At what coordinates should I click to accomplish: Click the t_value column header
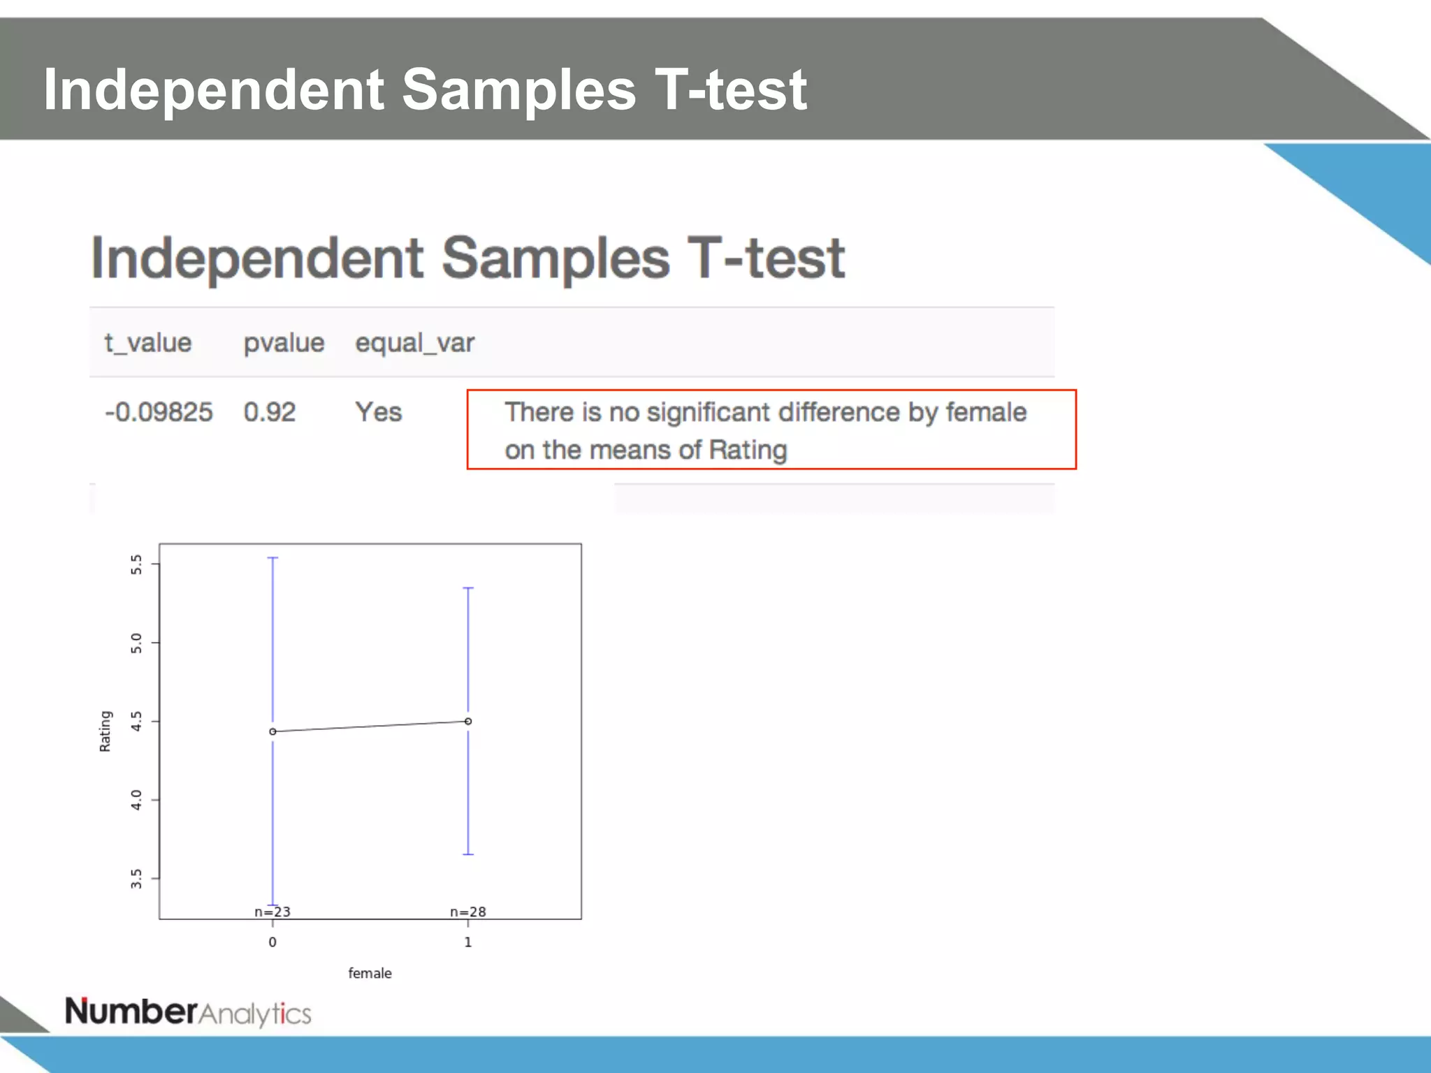(x=148, y=343)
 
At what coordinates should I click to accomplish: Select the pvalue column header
(x=284, y=343)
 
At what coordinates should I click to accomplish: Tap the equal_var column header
(x=414, y=343)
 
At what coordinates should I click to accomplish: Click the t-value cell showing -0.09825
(x=159, y=412)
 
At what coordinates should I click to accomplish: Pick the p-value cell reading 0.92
(x=270, y=412)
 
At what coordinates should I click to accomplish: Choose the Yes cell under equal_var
(x=378, y=412)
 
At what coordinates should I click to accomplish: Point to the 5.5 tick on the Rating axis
(x=136, y=564)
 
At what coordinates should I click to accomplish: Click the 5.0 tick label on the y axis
(x=136, y=643)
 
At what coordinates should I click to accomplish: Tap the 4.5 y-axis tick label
(x=136, y=722)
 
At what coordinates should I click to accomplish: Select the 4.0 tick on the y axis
(x=136, y=801)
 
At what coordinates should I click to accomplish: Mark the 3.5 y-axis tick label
(x=136, y=879)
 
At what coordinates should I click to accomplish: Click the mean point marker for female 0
(x=273, y=731)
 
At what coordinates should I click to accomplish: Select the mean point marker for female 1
(x=468, y=721)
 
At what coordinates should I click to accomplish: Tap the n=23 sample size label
(x=273, y=912)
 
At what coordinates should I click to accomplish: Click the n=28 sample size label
(x=468, y=912)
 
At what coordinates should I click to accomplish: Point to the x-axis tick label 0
(x=273, y=942)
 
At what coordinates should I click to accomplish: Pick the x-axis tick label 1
(x=468, y=942)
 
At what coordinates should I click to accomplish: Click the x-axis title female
(x=370, y=973)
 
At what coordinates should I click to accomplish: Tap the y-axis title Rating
(x=106, y=731)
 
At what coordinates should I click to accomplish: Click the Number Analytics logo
(x=188, y=1012)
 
